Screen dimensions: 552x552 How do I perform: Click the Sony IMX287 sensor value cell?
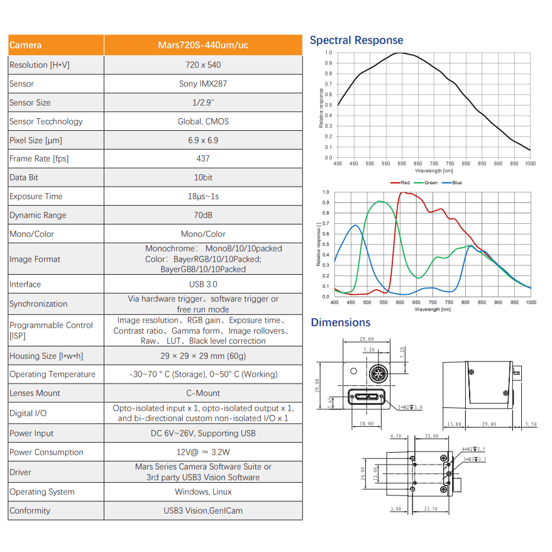coord(202,84)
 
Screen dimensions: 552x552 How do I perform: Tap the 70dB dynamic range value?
coord(202,215)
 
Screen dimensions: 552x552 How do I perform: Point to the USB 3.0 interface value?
coord(202,284)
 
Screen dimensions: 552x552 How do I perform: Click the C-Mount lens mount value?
coord(202,393)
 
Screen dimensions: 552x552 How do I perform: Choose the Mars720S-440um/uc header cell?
coord(202,45)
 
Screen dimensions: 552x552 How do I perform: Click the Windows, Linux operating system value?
coord(202,492)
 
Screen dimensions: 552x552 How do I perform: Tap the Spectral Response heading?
coord(356,40)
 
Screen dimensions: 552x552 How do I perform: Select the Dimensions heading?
coord(340,323)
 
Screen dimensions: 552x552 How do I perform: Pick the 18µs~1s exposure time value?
coord(202,196)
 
